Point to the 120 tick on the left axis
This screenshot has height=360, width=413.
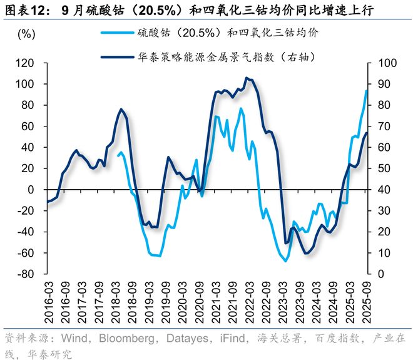[x=25, y=63]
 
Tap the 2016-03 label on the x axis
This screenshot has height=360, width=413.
[x=48, y=301]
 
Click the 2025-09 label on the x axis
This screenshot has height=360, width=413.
[x=367, y=301]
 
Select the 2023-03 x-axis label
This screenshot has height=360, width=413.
[x=283, y=301]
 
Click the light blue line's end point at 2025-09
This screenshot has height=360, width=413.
[x=367, y=91]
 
